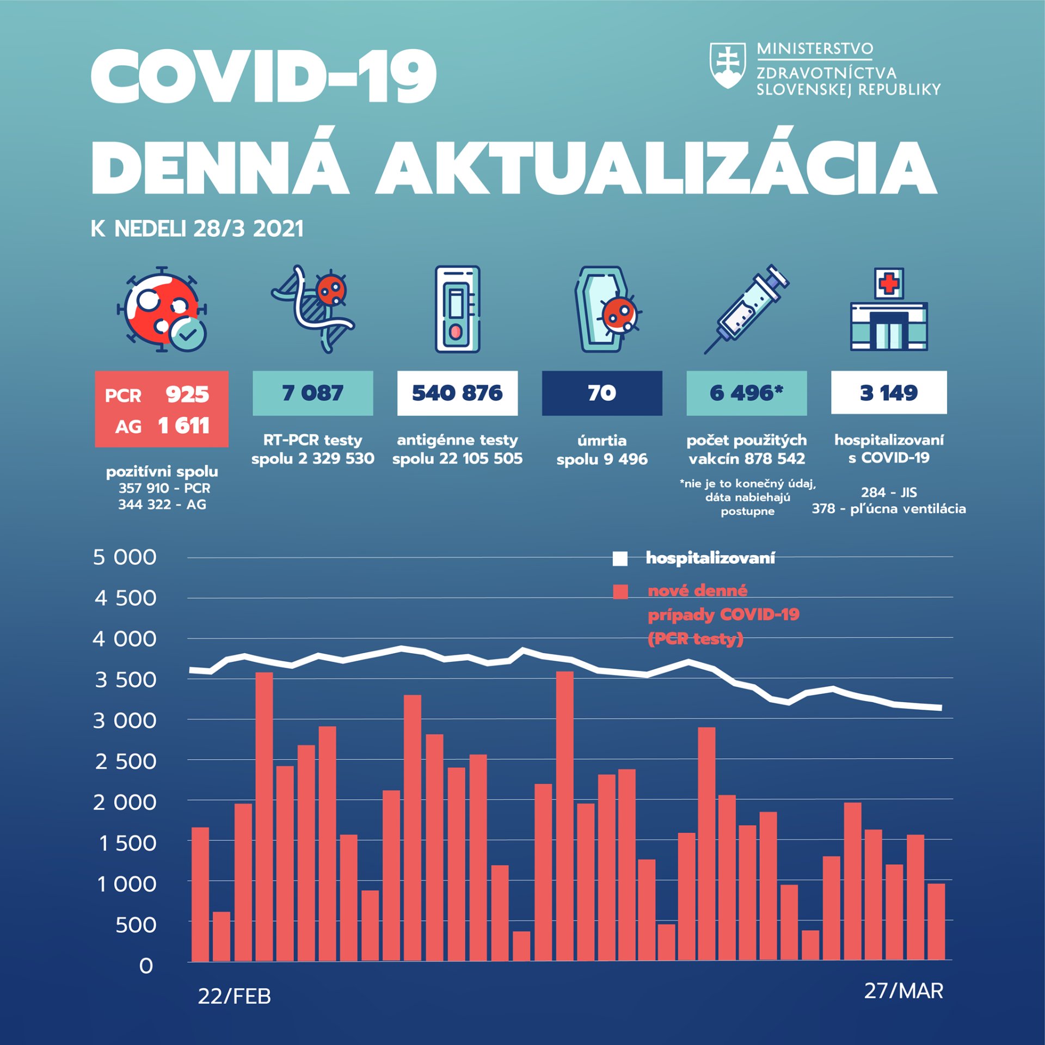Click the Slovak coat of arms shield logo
727,65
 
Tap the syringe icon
746,309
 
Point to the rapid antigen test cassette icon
457,309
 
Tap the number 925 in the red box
187,394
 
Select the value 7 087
313,393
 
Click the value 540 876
457,393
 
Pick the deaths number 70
602,393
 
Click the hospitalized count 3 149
889,393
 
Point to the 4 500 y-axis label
125,598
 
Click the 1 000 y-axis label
126,884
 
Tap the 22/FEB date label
234,996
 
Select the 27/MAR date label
903,991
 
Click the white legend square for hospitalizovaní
620,559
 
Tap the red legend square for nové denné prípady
620,592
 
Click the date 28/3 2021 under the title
248,229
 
